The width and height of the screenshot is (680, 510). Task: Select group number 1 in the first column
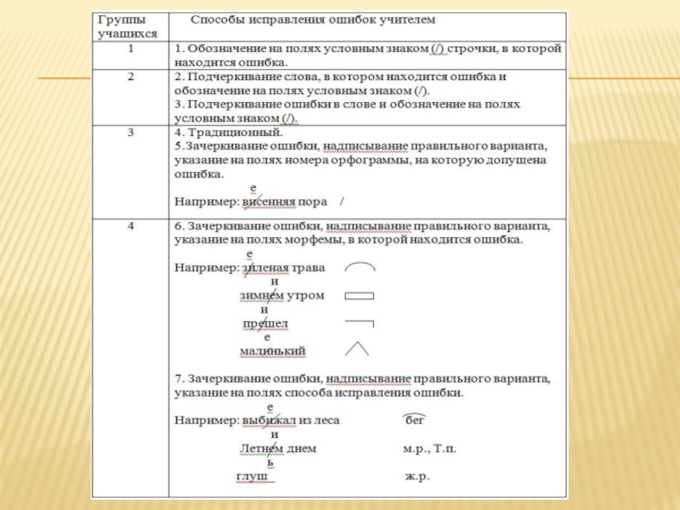tap(130, 49)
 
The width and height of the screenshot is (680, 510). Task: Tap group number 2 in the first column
tap(131, 76)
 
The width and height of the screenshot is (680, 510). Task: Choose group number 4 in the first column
tap(131, 227)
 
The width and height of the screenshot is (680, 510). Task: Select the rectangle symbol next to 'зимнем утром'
tap(360, 296)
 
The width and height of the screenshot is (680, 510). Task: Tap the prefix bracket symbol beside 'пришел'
tap(360, 323)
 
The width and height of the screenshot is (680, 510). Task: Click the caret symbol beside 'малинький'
tap(356, 348)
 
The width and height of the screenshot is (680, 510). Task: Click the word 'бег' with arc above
tap(414, 420)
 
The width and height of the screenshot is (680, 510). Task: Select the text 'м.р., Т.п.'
tap(428, 449)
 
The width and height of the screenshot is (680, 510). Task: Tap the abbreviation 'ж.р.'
tap(417, 477)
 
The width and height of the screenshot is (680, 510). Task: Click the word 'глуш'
tap(252, 477)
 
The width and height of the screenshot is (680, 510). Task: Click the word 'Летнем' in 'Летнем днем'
tap(259, 449)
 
